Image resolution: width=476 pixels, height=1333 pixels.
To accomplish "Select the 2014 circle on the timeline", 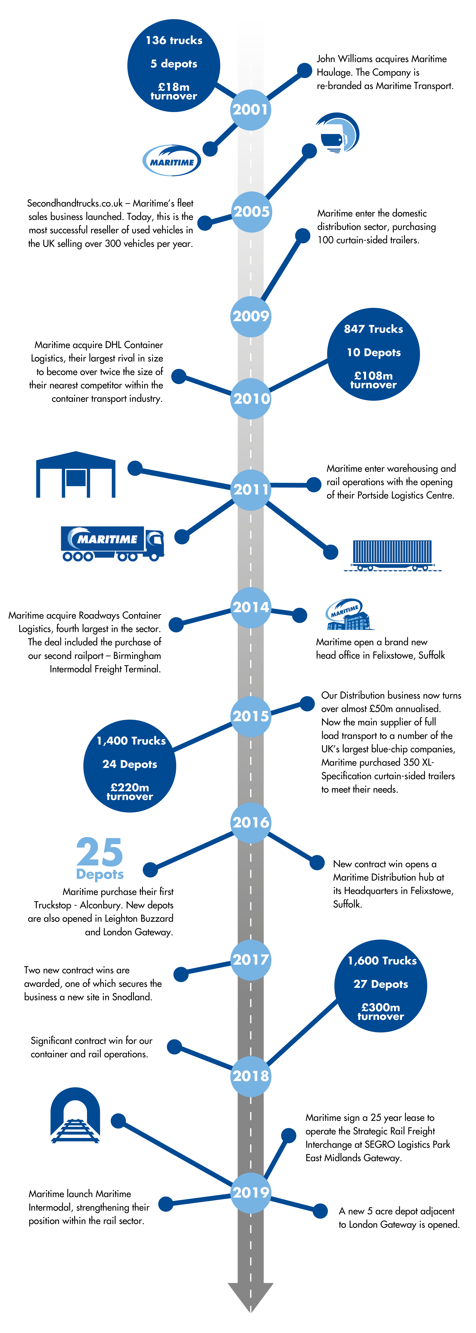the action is click(251, 607).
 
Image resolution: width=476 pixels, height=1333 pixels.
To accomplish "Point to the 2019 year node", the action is click(251, 1192).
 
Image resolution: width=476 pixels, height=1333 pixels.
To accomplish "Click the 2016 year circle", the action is click(251, 822).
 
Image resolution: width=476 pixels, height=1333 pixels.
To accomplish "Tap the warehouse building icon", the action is click(76, 474).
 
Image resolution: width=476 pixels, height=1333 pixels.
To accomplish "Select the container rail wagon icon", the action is click(393, 555).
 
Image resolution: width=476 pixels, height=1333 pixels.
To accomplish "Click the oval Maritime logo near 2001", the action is click(172, 160).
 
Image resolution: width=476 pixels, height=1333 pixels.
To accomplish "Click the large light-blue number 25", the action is click(100, 852).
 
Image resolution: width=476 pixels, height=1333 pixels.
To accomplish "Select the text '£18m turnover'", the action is click(174, 91).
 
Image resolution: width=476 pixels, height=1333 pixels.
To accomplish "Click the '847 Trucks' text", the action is click(373, 329).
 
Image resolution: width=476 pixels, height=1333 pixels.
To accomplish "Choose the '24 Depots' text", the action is click(130, 764).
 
